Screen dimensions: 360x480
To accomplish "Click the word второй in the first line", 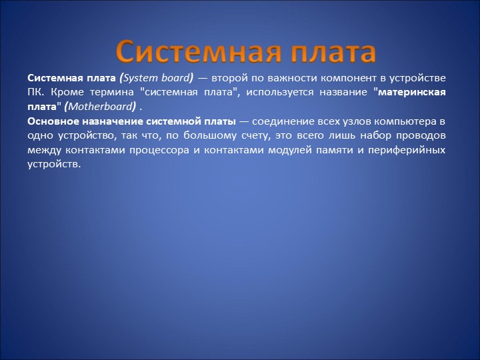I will [231, 78].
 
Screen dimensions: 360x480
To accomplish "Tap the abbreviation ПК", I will [35, 93].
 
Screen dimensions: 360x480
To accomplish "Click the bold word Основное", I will [55, 121].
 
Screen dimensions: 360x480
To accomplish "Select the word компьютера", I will [399, 121].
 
